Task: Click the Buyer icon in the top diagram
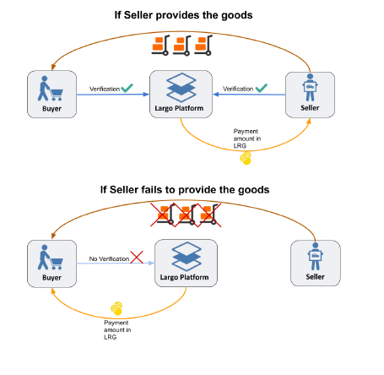(51, 88)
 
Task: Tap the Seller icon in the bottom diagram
(315, 256)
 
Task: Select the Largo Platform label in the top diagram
(179, 108)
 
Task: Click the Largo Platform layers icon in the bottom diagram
(187, 257)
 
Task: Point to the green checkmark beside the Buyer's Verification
(127, 88)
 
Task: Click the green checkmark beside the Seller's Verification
(261, 88)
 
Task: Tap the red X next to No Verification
(137, 258)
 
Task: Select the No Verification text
(109, 258)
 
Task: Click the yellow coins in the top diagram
(246, 158)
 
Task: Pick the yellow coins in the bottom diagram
(116, 308)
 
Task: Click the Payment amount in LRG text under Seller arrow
(247, 139)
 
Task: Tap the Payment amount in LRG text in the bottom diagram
(117, 329)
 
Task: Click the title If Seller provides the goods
(183, 15)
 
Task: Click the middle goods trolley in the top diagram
(182, 46)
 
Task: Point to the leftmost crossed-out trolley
(163, 215)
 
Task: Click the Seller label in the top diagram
(310, 108)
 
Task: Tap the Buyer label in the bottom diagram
(51, 278)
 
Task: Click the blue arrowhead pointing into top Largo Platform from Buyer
(146, 95)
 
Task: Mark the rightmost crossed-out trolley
(209, 215)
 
